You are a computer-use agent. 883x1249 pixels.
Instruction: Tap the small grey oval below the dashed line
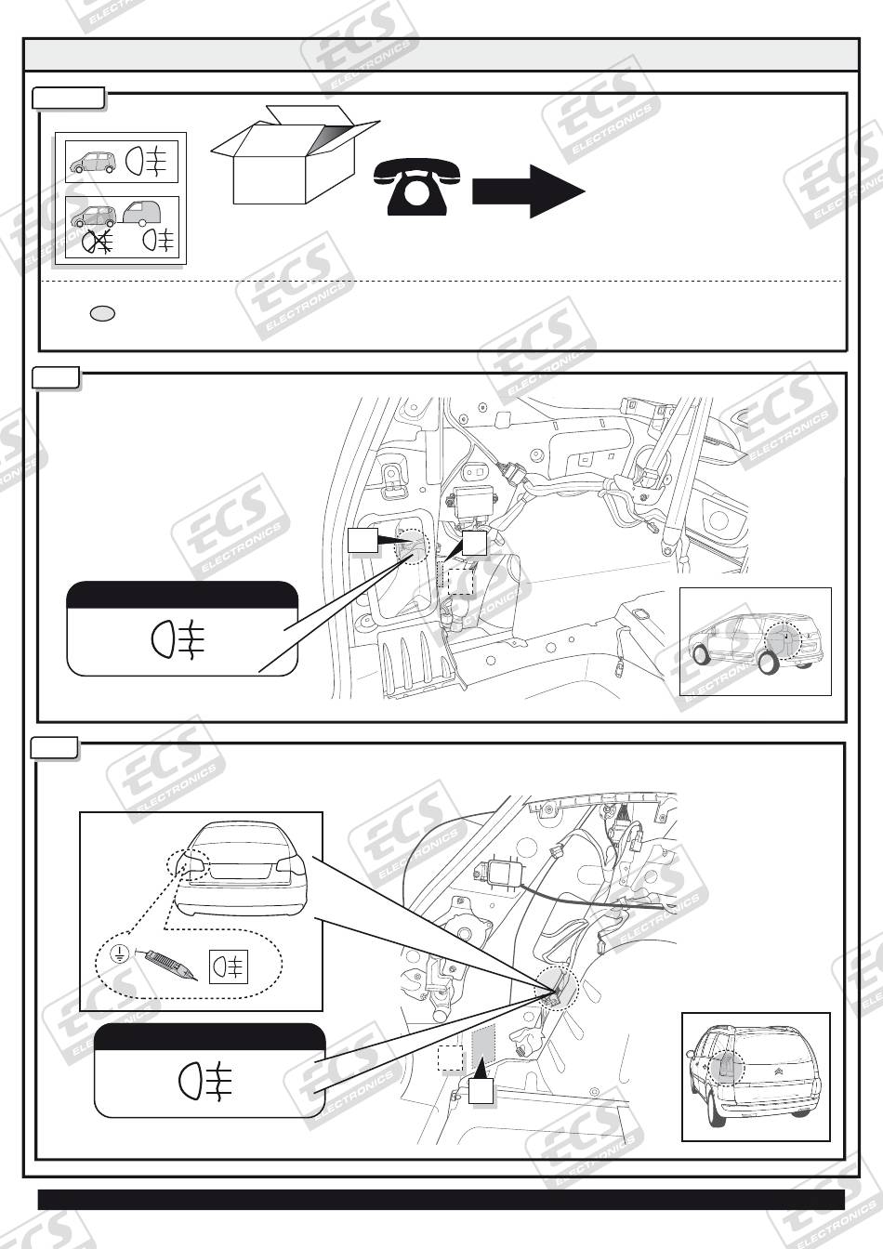tap(102, 314)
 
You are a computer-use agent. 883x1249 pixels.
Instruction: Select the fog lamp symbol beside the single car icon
tap(149, 161)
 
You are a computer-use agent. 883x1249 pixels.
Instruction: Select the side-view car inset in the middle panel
tap(754, 641)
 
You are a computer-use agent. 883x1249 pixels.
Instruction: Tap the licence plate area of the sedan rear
tap(244, 870)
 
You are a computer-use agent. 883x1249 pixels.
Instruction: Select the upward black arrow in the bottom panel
tap(480, 1084)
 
